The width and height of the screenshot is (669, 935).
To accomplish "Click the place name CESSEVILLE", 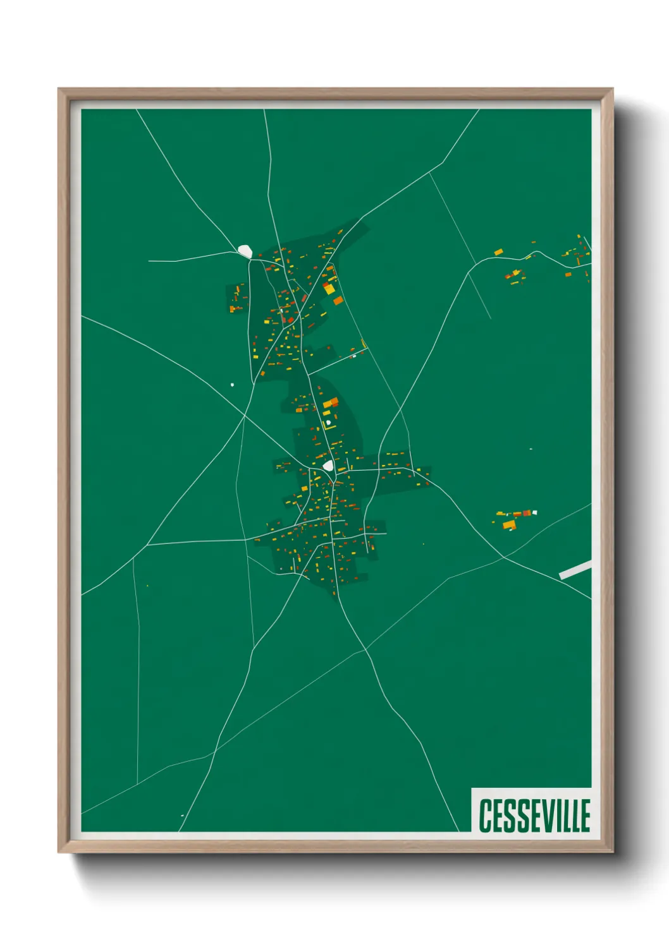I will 534,816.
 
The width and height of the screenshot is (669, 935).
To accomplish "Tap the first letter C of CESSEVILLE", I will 485,816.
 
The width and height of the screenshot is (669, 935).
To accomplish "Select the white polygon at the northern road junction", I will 245,251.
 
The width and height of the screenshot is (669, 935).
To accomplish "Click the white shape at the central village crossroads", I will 328,466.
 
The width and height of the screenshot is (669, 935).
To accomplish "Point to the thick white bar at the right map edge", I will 575,570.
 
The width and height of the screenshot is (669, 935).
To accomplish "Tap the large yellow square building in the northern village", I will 329,289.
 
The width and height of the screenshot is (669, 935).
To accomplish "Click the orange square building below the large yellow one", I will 338,300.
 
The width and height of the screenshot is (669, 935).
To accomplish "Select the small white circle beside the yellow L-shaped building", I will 328,422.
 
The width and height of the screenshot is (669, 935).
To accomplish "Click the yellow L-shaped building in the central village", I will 330,403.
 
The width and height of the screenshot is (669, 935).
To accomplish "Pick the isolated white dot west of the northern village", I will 232,384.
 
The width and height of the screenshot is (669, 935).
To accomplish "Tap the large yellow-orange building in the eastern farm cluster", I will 509,525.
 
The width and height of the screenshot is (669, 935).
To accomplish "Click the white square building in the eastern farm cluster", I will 534,512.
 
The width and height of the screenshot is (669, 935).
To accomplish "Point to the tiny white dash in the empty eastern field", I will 531,449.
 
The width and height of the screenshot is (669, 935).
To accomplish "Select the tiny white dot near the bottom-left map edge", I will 182,816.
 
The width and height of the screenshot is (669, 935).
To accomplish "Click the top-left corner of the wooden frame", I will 59,90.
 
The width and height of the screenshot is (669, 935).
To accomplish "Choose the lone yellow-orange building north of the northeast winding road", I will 498,252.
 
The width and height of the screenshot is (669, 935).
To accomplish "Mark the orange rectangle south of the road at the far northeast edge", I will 568,274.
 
